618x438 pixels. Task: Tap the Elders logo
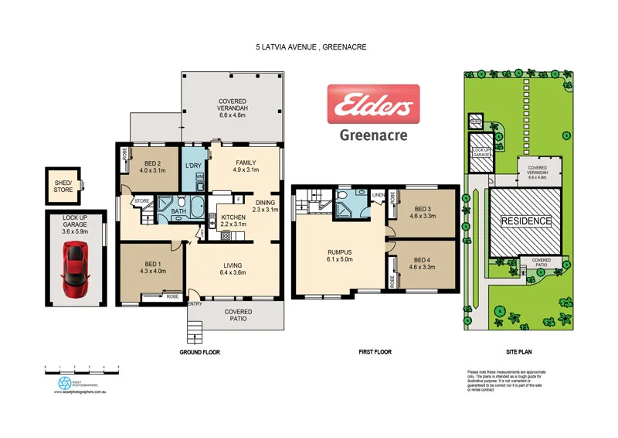pyautogui.click(x=373, y=104)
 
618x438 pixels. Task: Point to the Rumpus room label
pyautogui.click(x=339, y=256)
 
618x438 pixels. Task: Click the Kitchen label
pyautogui.click(x=233, y=221)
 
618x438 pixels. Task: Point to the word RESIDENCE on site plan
pyautogui.click(x=527, y=221)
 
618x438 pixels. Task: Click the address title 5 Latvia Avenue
pyautogui.click(x=311, y=46)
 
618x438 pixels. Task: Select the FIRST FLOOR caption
pyautogui.click(x=375, y=352)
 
